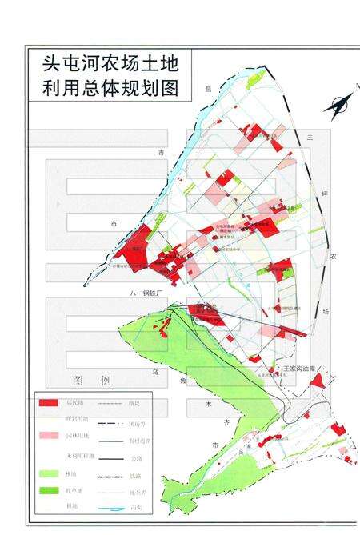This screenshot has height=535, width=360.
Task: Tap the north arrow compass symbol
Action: [x=339, y=105]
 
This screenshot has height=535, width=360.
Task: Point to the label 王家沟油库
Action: [x=305, y=369]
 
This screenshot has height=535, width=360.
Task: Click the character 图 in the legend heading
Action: [x=78, y=379]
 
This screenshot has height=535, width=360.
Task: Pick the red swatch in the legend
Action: [x=51, y=402]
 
